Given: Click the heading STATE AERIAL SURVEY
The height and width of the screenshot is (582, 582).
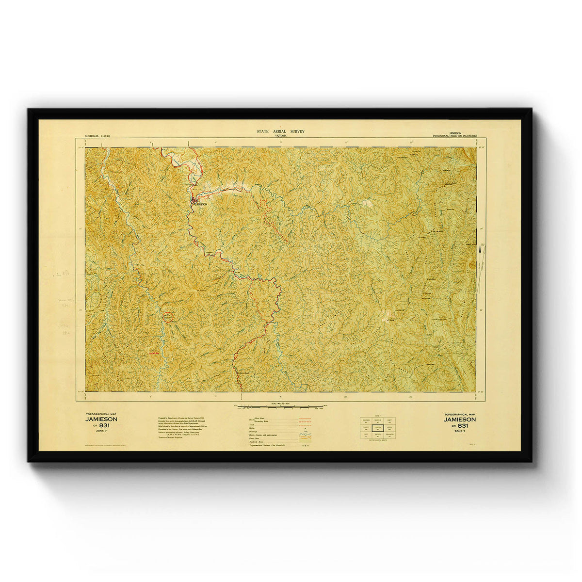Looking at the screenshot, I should [280, 132].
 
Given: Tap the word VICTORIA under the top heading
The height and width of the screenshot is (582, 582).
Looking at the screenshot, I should [280, 136].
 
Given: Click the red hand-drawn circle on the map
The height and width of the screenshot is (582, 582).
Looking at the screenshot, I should [167, 317].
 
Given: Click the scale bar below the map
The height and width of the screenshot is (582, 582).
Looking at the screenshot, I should [281, 405].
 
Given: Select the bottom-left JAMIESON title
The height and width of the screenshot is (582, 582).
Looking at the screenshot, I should [101, 419].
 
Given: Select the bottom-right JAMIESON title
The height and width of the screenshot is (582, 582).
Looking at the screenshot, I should [460, 419].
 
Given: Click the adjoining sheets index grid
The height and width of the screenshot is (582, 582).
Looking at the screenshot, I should [377, 428].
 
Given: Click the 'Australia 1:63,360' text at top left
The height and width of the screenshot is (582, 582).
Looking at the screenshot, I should [97, 136].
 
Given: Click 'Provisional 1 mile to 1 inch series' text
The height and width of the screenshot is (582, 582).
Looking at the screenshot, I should [454, 136].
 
